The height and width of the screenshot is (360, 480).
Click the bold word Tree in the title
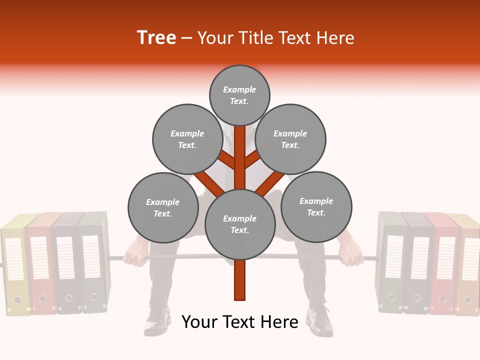156,37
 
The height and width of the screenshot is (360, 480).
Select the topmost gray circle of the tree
239,95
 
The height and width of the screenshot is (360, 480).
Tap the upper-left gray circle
187,139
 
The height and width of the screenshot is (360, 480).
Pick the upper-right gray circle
290,139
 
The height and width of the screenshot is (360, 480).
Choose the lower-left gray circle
163,207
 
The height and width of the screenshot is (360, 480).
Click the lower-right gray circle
316,206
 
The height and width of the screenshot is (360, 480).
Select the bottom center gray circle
240,224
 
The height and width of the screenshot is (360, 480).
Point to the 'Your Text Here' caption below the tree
240,322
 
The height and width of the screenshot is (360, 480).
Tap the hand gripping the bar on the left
134,256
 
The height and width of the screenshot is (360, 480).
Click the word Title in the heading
291,37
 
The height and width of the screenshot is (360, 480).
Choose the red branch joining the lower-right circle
271,182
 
